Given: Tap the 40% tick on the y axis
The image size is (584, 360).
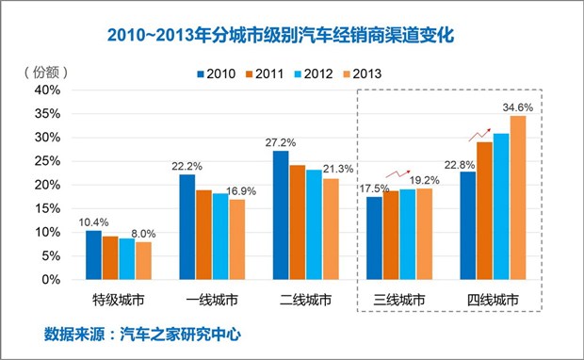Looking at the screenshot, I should [x=47, y=90].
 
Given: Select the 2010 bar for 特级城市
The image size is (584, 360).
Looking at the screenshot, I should [x=93, y=254].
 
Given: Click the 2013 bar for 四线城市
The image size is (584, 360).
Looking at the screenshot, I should [x=518, y=197].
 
